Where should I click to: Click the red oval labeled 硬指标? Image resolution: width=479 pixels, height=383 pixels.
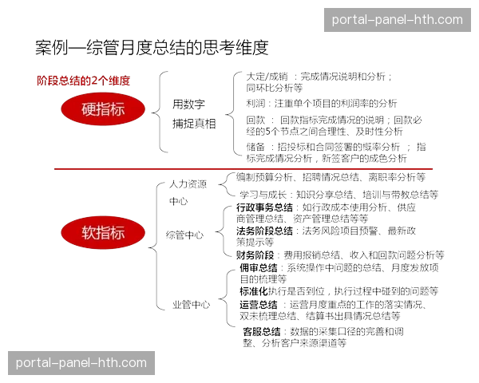(x=104, y=109)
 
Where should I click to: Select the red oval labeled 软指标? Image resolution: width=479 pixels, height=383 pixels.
(x=104, y=233)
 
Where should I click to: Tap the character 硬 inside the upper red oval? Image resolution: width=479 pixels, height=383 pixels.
(x=88, y=109)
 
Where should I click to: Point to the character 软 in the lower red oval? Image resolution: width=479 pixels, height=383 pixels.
(x=89, y=233)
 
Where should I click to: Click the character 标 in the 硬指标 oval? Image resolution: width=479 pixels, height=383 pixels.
(x=118, y=109)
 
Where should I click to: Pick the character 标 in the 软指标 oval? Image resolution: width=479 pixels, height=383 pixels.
(x=118, y=233)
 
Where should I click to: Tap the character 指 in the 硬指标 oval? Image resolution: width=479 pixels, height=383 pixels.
(x=103, y=109)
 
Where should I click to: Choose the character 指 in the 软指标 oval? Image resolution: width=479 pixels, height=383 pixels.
(x=103, y=233)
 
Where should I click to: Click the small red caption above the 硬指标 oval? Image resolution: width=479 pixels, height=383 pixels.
(x=83, y=81)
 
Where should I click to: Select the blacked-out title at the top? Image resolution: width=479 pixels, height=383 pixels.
(x=152, y=48)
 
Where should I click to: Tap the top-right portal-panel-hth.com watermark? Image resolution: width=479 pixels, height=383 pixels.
(x=397, y=20)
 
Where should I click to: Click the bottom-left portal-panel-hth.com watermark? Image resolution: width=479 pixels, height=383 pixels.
(x=81, y=363)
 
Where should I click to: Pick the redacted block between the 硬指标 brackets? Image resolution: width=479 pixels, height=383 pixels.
(x=193, y=115)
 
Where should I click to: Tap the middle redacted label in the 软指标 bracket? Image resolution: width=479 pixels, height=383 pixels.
(x=185, y=235)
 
